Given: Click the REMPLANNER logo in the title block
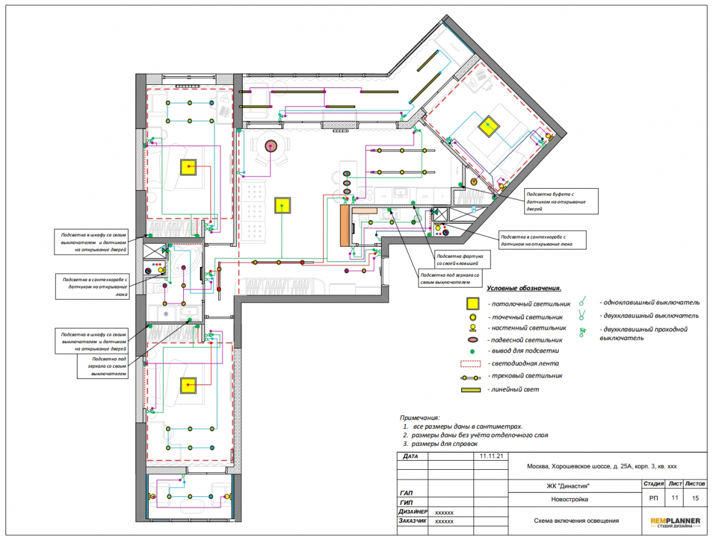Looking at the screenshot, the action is pyautogui.click(x=675, y=523).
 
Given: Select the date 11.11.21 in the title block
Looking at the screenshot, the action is pyautogui.click(x=492, y=456).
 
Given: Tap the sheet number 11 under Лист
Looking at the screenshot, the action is pyautogui.click(x=675, y=498).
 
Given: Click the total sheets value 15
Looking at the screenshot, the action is pyautogui.click(x=695, y=498).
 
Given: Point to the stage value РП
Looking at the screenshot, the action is pyautogui.click(x=653, y=498).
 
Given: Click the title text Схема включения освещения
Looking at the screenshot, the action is pyautogui.click(x=576, y=521).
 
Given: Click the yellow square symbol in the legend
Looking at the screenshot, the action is pyautogui.click(x=473, y=303).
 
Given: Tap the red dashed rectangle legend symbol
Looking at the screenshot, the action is pyautogui.click(x=471, y=363).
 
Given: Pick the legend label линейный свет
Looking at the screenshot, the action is pyautogui.click(x=515, y=389).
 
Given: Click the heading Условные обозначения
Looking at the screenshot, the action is pyautogui.click(x=524, y=288).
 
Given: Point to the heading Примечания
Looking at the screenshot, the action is pyautogui.click(x=420, y=418).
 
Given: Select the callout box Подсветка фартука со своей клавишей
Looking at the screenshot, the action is pyautogui.click(x=462, y=260).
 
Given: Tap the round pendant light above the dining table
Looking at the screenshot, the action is pyautogui.click(x=271, y=146).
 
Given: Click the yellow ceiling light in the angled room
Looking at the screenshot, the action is pyautogui.click(x=489, y=127).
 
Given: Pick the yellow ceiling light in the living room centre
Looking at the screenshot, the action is pyautogui.click(x=282, y=205).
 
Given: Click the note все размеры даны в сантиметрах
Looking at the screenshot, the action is pyautogui.click(x=468, y=427).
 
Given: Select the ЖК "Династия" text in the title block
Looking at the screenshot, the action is pyautogui.click(x=568, y=486).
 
